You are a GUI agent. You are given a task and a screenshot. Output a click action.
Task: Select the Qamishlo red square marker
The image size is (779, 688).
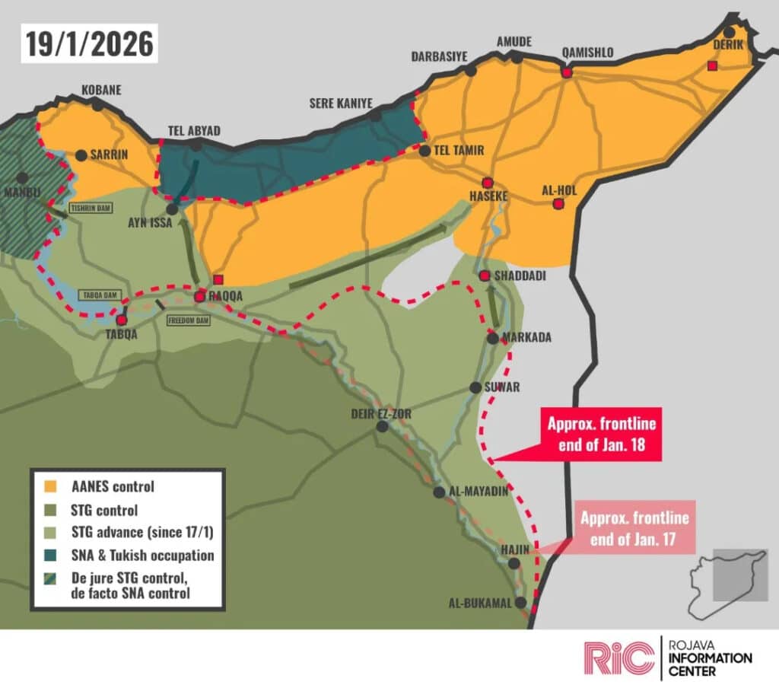566,72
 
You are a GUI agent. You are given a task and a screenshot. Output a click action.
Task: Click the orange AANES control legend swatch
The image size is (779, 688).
50,486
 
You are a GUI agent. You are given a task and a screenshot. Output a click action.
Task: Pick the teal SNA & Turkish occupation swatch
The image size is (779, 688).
50,555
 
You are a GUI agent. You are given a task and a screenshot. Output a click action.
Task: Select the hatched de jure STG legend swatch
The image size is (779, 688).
50,580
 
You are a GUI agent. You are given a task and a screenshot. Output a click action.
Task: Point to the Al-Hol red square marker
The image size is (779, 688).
558,204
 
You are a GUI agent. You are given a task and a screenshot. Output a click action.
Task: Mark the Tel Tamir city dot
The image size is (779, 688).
424,151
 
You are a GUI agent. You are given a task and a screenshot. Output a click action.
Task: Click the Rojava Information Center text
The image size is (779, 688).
710,658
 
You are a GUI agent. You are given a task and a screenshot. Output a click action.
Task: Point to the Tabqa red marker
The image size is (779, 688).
121,320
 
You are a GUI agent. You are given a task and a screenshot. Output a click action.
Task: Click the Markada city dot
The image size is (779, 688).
493,338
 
